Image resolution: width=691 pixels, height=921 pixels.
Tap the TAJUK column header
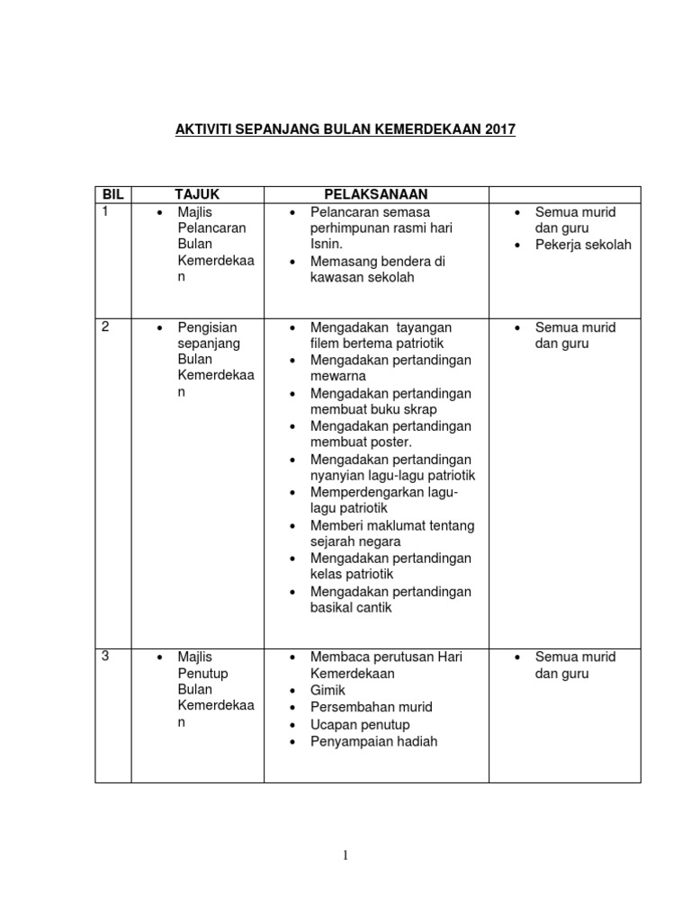pyautogui.click(x=197, y=194)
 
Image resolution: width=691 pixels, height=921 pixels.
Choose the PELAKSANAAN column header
pyautogui.click(x=376, y=194)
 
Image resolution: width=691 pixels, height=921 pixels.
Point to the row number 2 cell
pyautogui.click(x=105, y=326)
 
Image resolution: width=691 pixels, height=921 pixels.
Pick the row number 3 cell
pyautogui.click(x=105, y=656)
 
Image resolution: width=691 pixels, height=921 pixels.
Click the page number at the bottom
pyautogui.click(x=345, y=854)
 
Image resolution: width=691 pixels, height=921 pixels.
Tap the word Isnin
pyautogui.click(x=327, y=245)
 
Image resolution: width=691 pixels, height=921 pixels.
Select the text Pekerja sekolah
pyautogui.click(x=583, y=245)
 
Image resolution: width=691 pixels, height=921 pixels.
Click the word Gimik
pyautogui.click(x=328, y=691)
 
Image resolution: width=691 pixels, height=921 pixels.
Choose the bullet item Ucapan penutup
pyautogui.click(x=360, y=725)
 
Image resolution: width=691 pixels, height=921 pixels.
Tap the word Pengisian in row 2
pyautogui.click(x=207, y=327)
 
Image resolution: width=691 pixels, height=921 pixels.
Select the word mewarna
pyautogui.click(x=339, y=377)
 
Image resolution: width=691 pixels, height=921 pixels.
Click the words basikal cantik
pyautogui.click(x=351, y=608)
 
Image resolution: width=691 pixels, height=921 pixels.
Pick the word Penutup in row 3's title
pyautogui.click(x=202, y=674)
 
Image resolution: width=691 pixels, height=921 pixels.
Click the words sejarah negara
pyautogui.click(x=355, y=542)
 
